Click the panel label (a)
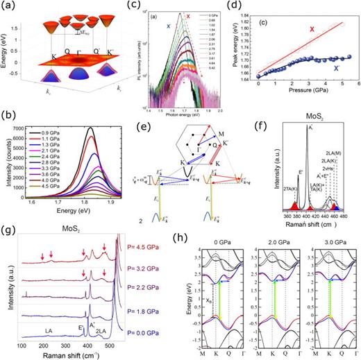[x=10, y=8]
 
